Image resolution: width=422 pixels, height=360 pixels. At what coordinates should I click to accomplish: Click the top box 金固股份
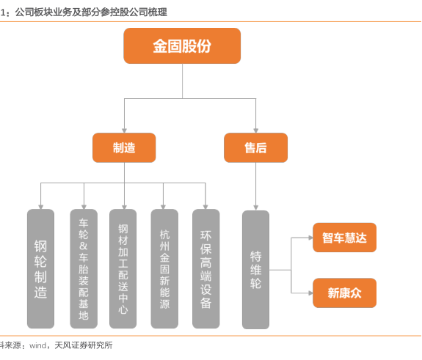pos(182,45)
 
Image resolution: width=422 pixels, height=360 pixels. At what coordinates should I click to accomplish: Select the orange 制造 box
pos(124,147)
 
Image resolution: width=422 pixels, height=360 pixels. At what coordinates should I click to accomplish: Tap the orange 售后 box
pos(255,147)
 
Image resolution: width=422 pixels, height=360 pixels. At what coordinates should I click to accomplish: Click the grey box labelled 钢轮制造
pos(40,268)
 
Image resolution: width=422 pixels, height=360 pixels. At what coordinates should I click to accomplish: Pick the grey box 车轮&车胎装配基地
pos(84,268)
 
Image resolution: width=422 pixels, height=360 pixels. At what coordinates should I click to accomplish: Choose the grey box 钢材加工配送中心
pos(123,268)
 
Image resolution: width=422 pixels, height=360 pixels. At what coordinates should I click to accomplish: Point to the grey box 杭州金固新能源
pos(164,268)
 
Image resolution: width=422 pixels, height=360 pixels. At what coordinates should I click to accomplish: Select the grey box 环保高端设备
pos(206,268)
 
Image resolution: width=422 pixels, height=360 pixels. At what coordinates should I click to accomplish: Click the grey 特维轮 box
pos(255,270)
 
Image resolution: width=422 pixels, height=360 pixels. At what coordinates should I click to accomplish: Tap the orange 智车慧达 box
pos(344,238)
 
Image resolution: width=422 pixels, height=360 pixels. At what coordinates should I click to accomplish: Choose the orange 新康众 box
pos(344,293)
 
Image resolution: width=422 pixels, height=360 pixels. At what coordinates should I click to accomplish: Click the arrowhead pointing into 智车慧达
pos(310,238)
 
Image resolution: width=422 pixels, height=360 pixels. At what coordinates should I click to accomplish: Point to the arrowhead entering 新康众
pos(310,293)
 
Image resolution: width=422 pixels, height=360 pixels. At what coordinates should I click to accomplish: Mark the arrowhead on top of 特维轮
pos(255,207)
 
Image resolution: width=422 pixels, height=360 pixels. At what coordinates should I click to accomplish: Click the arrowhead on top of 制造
pos(124,131)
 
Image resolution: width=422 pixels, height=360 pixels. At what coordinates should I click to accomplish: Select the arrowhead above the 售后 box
pos(255,131)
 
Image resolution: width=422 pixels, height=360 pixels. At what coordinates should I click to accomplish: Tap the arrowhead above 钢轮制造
pos(40,207)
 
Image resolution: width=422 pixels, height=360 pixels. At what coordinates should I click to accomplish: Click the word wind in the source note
pos(38,345)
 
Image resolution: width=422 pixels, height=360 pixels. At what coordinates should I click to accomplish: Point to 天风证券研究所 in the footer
pos(84,345)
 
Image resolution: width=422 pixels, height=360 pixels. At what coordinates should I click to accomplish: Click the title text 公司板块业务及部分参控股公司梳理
pos(91,12)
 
